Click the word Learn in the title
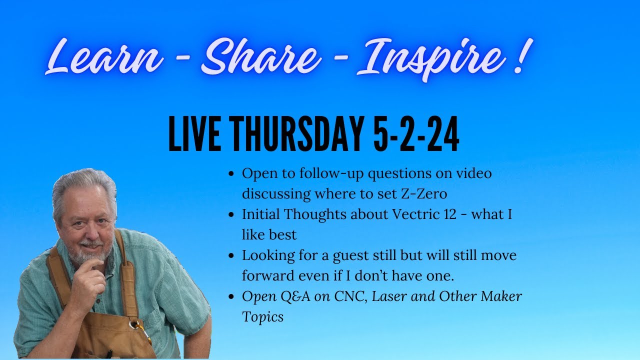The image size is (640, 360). [x=104, y=57]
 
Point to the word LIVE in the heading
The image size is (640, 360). [x=194, y=133]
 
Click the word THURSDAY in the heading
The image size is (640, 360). [x=296, y=133]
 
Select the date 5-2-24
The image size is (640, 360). [x=416, y=133]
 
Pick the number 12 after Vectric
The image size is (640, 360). [x=450, y=214]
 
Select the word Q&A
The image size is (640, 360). [x=295, y=297]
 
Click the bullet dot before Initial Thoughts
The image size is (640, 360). [x=231, y=214]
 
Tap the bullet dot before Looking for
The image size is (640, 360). [x=231, y=255]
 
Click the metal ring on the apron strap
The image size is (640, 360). [x=134, y=324]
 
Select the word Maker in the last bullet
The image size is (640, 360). [x=501, y=296]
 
